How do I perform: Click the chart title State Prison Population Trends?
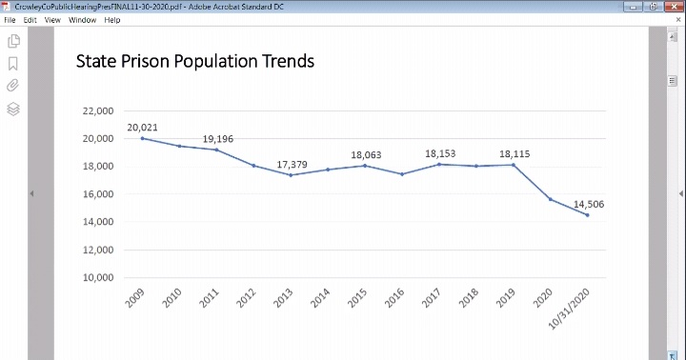194,62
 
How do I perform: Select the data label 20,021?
142,127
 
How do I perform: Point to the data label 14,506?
588,204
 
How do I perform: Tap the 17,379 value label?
292,165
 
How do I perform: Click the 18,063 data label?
366,154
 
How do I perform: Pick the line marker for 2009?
142,138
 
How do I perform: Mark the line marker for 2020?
550,199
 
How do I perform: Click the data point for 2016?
402,174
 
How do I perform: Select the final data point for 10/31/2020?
587,215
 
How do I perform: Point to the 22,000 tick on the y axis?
98,111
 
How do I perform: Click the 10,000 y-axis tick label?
98,278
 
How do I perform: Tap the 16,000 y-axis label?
98,194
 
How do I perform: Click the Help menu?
112,20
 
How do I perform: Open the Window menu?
82,20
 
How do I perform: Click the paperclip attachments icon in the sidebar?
13,86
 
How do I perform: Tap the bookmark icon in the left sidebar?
13,64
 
